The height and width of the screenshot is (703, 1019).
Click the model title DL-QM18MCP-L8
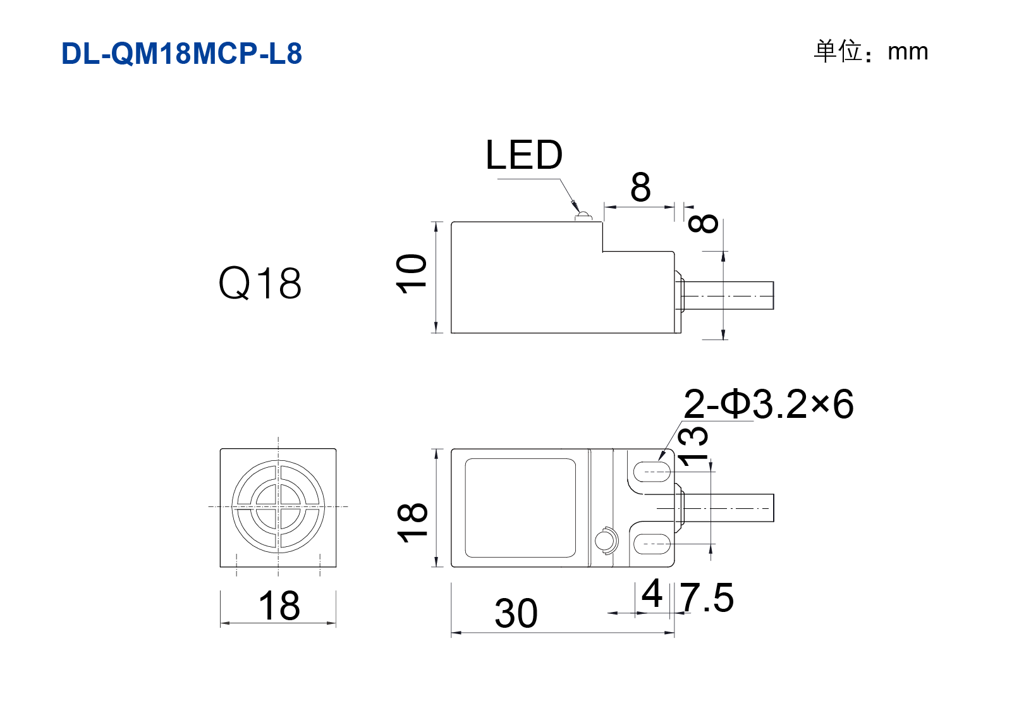[x=181, y=53]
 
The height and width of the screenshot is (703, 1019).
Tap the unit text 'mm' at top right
[x=908, y=52]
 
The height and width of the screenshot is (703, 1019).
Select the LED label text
[x=524, y=155]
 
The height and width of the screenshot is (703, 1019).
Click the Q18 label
[x=260, y=283]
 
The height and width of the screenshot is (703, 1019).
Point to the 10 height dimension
[x=412, y=274]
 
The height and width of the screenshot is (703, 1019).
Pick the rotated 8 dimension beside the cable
[x=703, y=224]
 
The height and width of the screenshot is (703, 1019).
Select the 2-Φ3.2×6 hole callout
[x=768, y=403]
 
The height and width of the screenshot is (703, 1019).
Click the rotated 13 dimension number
[x=692, y=446]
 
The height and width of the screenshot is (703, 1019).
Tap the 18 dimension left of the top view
[x=412, y=523]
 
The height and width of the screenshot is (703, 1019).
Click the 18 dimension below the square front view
[x=279, y=605]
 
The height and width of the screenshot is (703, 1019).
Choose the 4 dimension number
[x=652, y=593]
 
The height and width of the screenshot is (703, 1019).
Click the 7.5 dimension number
[x=707, y=597]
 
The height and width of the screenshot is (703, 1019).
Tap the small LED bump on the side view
[x=583, y=217]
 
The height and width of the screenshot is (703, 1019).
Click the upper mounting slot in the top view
[x=652, y=472]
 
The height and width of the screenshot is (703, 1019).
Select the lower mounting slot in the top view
[x=652, y=544]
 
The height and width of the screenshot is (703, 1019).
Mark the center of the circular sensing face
[x=278, y=506]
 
